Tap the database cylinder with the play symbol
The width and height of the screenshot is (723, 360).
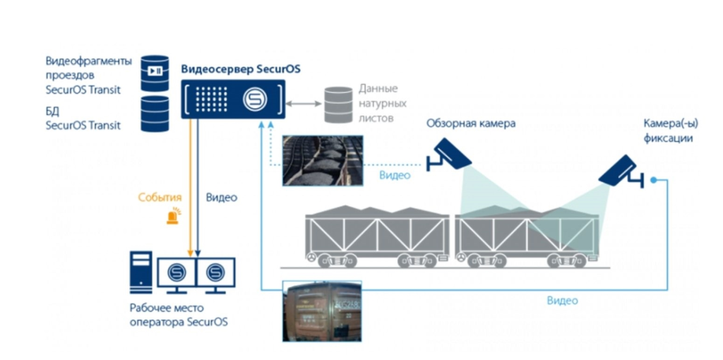155,72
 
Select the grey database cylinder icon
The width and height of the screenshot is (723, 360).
337,104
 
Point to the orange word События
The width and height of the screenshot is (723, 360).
160,198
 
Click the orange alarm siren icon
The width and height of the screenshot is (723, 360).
172,217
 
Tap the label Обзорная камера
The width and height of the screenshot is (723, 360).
470,124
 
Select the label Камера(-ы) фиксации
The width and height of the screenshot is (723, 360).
667,131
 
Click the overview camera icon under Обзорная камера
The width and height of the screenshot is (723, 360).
450,155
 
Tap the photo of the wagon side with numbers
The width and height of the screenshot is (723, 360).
322,311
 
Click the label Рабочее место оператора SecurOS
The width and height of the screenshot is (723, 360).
179,316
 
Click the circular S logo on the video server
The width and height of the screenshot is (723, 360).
254,100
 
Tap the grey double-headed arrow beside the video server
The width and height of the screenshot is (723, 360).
304,104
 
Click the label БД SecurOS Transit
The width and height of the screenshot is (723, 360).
83,118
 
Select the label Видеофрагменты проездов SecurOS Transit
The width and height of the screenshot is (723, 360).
83,75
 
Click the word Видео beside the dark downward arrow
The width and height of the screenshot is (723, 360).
221,198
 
